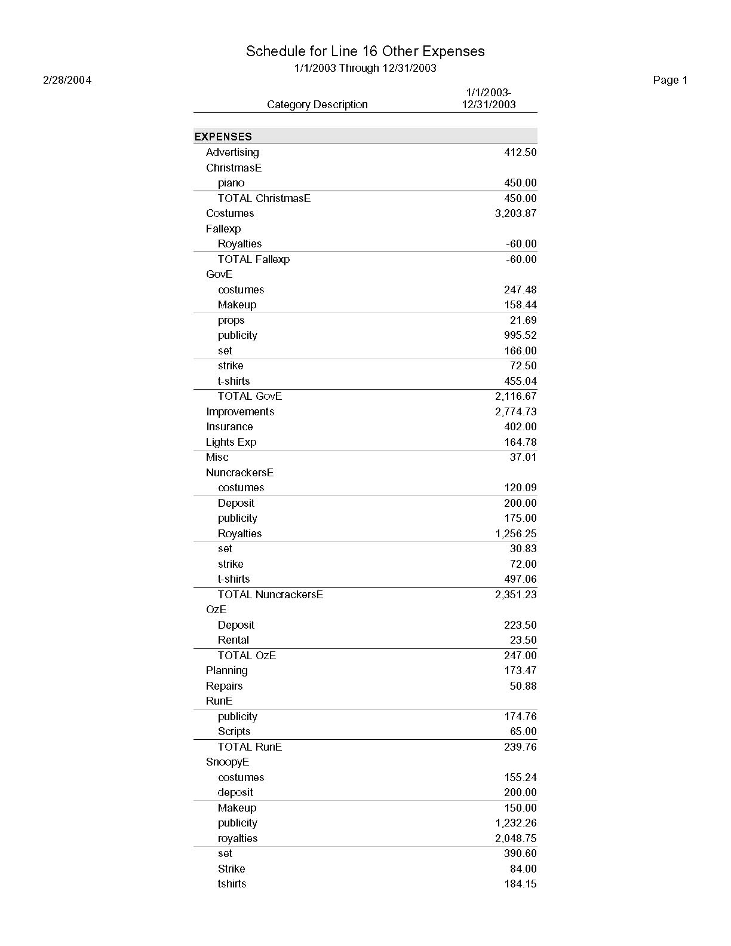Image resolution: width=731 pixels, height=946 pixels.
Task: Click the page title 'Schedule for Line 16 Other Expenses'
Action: pyautogui.click(x=365, y=51)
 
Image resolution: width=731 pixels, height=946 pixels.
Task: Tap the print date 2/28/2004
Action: pyautogui.click(x=67, y=80)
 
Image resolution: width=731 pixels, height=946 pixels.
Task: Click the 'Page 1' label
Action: pyautogui.click(x=670, y=80)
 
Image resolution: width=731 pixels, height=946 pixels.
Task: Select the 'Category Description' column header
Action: pyautogui.click(x=317, y=105)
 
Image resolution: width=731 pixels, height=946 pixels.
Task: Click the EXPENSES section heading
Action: pyautogui.click(x=223, y=137)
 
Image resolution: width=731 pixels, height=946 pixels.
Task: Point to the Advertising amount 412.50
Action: pyautogui.click(x=520, y=152)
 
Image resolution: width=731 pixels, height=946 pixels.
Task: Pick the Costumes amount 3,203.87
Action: pyautogui.click(x=515, y=213)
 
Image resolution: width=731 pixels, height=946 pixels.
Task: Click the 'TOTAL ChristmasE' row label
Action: pyautogui.click(x=264, y=198)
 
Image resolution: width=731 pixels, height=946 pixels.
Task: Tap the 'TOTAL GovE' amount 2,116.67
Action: pyautogui.click(x=515, y=396)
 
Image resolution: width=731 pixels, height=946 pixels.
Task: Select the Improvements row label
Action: pyautogui.click(x=240, y=412)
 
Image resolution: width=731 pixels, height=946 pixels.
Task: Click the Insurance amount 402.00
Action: pyautogui.click(x=520, y=427)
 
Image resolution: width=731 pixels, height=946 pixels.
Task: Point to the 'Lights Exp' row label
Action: pyautogui.click(x=231, y=442)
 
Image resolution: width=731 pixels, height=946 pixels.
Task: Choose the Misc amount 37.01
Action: pyautogui.click(x=523, y=457)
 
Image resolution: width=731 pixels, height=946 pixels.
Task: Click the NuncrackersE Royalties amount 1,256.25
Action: pyautogui.click(x=515, y=534)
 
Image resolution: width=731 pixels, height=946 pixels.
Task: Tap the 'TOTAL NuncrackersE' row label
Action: pyautogui.click(x=270, y=595)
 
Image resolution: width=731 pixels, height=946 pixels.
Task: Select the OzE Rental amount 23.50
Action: pyautogui.click(x=523, y=640)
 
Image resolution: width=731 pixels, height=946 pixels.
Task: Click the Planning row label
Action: pyautogui.click(x=226, y=671)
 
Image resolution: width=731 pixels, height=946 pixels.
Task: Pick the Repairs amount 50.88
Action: pyautogui.click(x=523, y=686)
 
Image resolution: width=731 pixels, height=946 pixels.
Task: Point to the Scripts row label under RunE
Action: pyautogui.click(x=234, y=731)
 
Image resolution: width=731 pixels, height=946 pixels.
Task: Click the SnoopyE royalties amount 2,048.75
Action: pyautogui.click(x=515, y=838)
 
